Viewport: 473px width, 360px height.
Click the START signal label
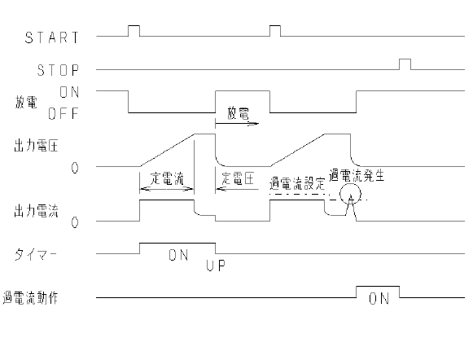click(51, 37)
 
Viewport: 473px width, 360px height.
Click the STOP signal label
click(58, 70)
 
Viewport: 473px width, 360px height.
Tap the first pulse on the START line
click(134, 31)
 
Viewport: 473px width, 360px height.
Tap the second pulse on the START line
click(275, 31)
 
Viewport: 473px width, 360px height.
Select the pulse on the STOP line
click(405, 64)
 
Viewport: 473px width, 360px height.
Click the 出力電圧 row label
click(36, 146)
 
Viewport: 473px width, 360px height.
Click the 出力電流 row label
click(36, 211)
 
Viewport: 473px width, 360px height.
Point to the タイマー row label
click(35, 254)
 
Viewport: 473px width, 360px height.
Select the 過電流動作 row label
click(30, 297)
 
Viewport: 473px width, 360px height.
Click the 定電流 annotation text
click(167, 178)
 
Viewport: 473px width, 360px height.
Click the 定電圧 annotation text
click(238, 178)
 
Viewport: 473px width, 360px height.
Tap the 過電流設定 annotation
click(297, 183)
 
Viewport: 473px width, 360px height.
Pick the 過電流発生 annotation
click(357, 176)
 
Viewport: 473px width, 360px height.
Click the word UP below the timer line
click(216, 266)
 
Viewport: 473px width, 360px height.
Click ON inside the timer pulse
click(178, 255)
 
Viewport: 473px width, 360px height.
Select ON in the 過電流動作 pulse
click(379, 299)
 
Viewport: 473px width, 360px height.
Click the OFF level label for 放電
click(63, 114)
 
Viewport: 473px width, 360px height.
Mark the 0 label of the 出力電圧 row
click(75, 168)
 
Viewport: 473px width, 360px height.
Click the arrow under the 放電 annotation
click(237, 124)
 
